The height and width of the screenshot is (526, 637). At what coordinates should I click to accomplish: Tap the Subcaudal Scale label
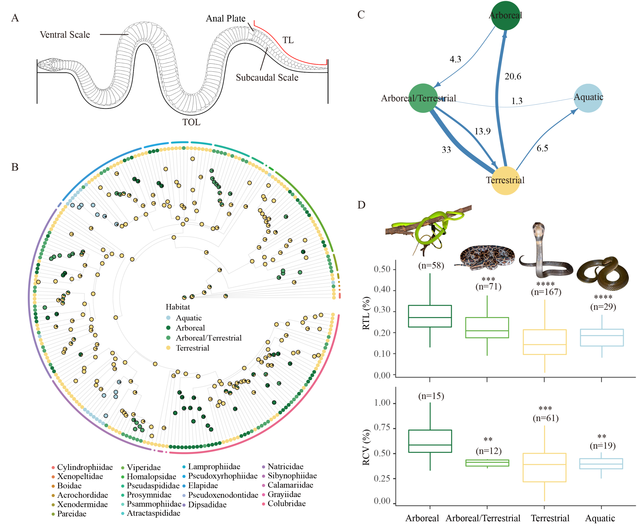pos(267,77)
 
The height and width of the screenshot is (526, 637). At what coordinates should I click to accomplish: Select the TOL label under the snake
pos(191,122)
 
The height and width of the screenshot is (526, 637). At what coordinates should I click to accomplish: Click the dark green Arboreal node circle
pos(505,16)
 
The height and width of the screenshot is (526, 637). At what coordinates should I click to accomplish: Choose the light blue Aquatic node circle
pos(588,98)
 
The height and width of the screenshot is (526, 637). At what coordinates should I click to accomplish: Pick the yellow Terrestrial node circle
pos(505,180)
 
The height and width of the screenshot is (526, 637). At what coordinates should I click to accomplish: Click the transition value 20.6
pos(513,76)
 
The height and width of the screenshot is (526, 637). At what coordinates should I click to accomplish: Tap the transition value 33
pos(446,150)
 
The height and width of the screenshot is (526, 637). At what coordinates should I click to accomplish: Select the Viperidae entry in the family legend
pos(143,467)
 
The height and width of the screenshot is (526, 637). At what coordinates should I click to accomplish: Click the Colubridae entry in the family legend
pos(286,503)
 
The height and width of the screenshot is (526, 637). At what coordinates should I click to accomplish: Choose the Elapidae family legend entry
pos(203,485)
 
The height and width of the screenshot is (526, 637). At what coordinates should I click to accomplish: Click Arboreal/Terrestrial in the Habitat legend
pos(208,338)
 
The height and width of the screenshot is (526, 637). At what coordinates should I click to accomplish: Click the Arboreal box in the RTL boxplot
pos(430,316)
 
